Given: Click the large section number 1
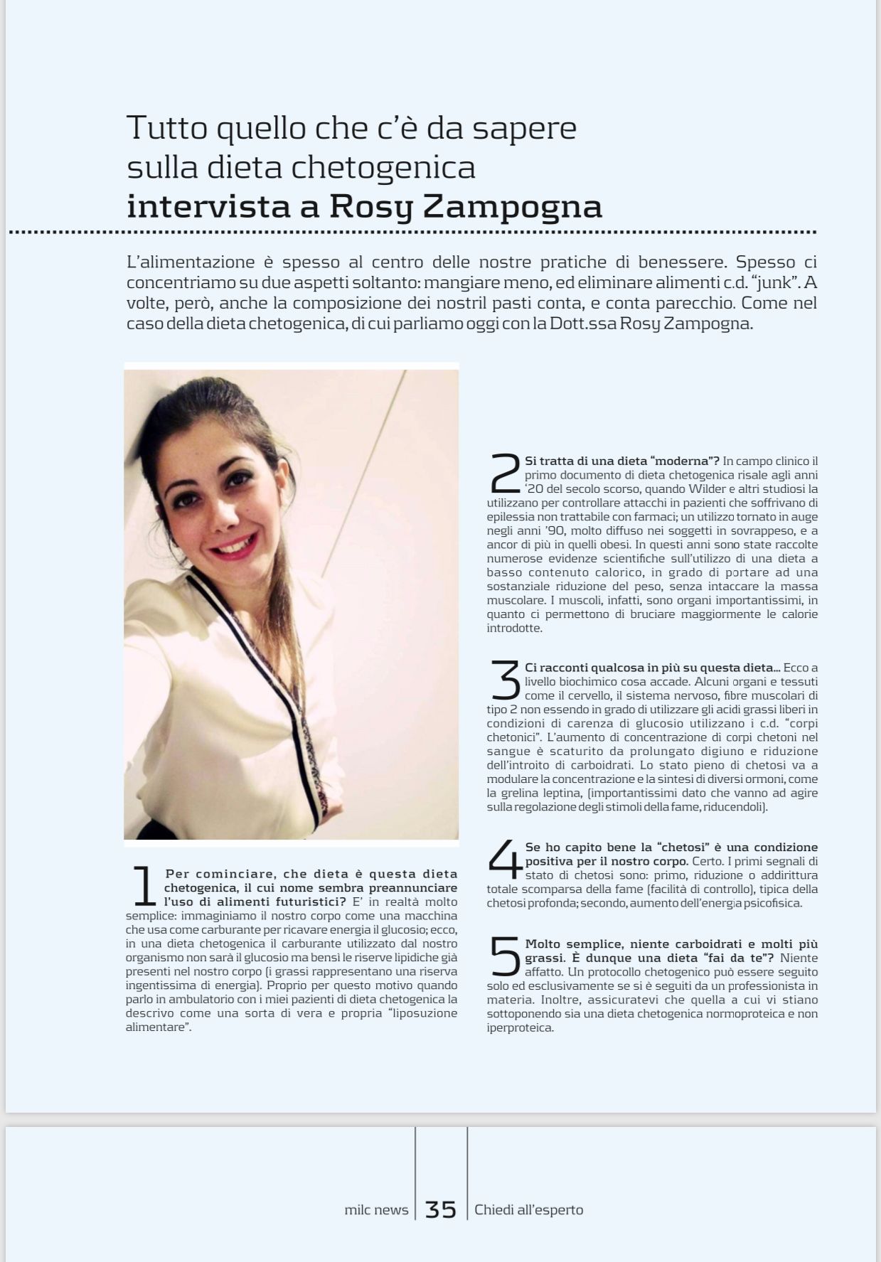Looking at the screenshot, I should coord(144,886).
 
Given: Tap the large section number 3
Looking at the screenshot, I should coord(506,680).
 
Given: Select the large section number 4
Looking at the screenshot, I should coord(506,859).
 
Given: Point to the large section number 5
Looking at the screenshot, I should coord(506,956).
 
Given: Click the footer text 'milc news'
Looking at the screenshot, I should coord(376,1210).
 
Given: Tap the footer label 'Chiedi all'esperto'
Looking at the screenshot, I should coord(528,1210).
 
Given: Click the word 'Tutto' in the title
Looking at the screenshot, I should coord(167,128).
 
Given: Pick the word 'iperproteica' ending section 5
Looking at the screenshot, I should coord(519,1028).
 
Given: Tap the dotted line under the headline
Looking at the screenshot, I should coord(412,232).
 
